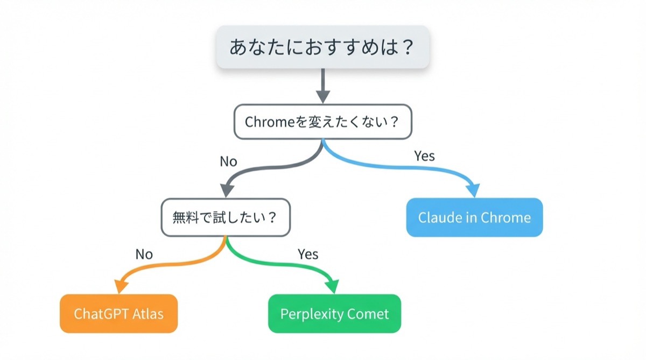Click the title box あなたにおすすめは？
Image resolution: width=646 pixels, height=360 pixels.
coord(322,47)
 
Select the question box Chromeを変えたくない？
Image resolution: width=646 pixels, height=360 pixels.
coord(322,122)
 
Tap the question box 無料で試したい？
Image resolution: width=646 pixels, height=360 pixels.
coord(225,217)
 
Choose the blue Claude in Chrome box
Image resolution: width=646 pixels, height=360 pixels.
coord(474,217)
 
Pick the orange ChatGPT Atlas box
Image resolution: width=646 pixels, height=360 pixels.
coord(118,314)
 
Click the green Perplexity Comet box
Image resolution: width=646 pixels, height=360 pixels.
coord(334,314)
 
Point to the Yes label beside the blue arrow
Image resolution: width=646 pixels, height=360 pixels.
coord(424,156)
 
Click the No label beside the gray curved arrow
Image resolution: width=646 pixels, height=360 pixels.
coord(228,161)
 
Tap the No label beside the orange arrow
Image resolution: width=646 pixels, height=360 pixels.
coord(144,254)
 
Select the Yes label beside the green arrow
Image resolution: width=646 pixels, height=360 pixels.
coord(308,254)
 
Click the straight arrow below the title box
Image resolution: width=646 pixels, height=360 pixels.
coord(322,85)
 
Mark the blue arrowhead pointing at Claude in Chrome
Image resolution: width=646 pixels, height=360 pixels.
coord(473,190)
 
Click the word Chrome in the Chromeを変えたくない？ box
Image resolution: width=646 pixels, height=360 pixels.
coord(268,122)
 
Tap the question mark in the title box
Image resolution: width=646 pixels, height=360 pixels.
coord(407,47)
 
